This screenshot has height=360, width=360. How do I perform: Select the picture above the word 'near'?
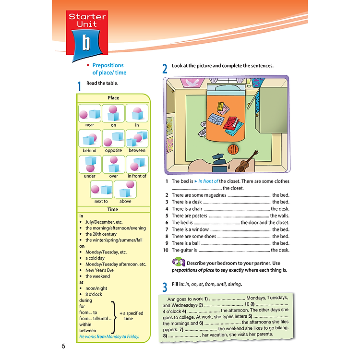click(89, 113)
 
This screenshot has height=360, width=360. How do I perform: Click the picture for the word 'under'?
click(89, 164)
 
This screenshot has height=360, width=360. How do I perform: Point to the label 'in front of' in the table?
click(137, 176)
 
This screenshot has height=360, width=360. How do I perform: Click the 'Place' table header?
click(113, 98)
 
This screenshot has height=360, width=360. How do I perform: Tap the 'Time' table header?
click(113, 209)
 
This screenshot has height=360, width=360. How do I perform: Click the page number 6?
click(63, 346)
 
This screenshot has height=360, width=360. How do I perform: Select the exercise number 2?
click(165, 69)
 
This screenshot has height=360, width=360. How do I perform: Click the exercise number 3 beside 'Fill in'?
click(165, 287)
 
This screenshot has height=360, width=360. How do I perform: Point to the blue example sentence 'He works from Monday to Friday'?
click(109, 336)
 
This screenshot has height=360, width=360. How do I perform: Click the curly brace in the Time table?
click(114, 316)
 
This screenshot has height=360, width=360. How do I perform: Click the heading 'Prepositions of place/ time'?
click(108, 69)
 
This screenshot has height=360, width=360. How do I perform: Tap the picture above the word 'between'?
click(137, 138)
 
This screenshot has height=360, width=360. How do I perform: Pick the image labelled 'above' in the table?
click(125, 190)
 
